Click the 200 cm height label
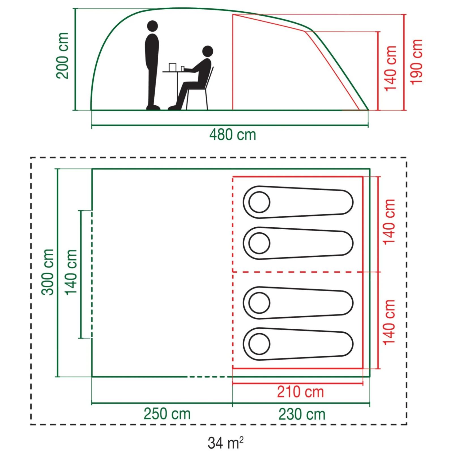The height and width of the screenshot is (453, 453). tap(63, 56)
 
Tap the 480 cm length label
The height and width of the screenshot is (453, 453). tap(232, 135)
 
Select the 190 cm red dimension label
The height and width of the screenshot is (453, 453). tap(416, 62)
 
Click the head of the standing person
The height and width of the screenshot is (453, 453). tap(153, 26)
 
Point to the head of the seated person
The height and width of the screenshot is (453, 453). tap(208, 51)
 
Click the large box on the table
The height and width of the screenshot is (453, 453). tap(172, 67)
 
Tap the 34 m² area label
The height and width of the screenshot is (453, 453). tap(225, 443)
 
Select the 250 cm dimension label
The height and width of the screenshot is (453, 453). tap(167, 414)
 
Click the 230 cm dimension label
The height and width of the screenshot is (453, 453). tap(302, 414)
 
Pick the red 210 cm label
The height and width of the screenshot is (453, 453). tap(300, 392)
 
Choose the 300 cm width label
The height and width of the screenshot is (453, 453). tap(48, 272)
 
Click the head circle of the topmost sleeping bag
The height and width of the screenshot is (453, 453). tap(259, 202)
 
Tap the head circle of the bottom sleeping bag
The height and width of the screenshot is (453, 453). tap(259, 344)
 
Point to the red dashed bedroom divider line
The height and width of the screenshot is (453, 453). tap(297, 272)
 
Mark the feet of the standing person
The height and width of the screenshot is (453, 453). tap(153, 107)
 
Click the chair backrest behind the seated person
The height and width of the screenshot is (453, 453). tap(210, 76)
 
